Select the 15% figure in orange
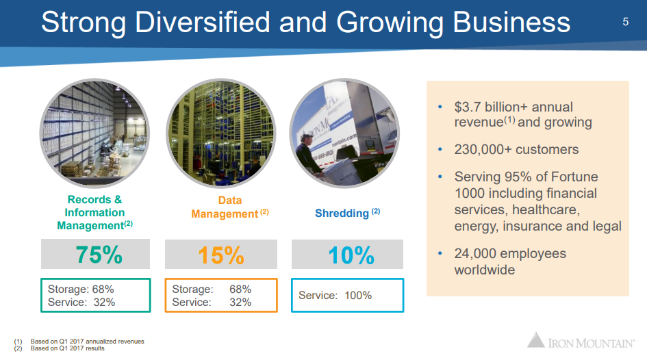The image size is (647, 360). (221, 255)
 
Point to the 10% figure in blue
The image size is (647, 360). (351, 255)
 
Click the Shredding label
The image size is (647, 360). (342, 214)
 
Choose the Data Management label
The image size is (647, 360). (225, 207)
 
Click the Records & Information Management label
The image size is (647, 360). (94, 212)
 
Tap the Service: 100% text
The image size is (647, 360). (335, 296)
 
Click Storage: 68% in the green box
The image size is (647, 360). (80, 289)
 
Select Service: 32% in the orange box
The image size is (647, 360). (211, 302)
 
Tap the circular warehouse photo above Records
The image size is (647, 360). (94, 132)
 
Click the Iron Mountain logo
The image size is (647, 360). (581, 341)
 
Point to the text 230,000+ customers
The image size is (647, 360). (516, 149)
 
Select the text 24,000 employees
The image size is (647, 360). (510, 253)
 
